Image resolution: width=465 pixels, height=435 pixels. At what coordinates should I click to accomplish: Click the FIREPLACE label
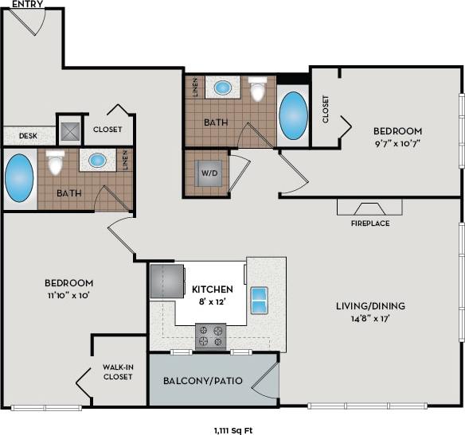pyautogui.click(x=370, y=223)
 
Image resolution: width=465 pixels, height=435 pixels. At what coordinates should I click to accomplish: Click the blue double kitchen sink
pyautogui.click(x=260, y=299)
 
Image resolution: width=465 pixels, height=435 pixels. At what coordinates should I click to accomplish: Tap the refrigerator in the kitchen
pyautogui.click(x=166, y=282)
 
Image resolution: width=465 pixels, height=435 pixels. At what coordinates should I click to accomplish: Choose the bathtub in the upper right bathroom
pyautogui.click(x=292, y=116)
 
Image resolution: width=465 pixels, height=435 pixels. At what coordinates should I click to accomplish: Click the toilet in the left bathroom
pyautogui.click(x=55, y=163)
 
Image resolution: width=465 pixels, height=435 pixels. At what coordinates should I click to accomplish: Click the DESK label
pyautogui.click(x=28, y=136)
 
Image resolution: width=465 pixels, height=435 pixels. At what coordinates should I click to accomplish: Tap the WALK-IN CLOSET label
pyautogui.click(x=118, y=371)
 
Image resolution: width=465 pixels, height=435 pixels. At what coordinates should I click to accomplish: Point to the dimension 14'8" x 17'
pyautogui.click(x=369, y=318)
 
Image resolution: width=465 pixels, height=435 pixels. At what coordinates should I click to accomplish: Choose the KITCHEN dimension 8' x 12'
pyautogui.click(x=212, y=301)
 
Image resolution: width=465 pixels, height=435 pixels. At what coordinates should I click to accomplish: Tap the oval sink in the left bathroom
pyautogui.click(x=98, y=160)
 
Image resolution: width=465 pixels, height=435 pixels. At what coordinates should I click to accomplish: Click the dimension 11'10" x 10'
pyautogui.click(x=68, y=295)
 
